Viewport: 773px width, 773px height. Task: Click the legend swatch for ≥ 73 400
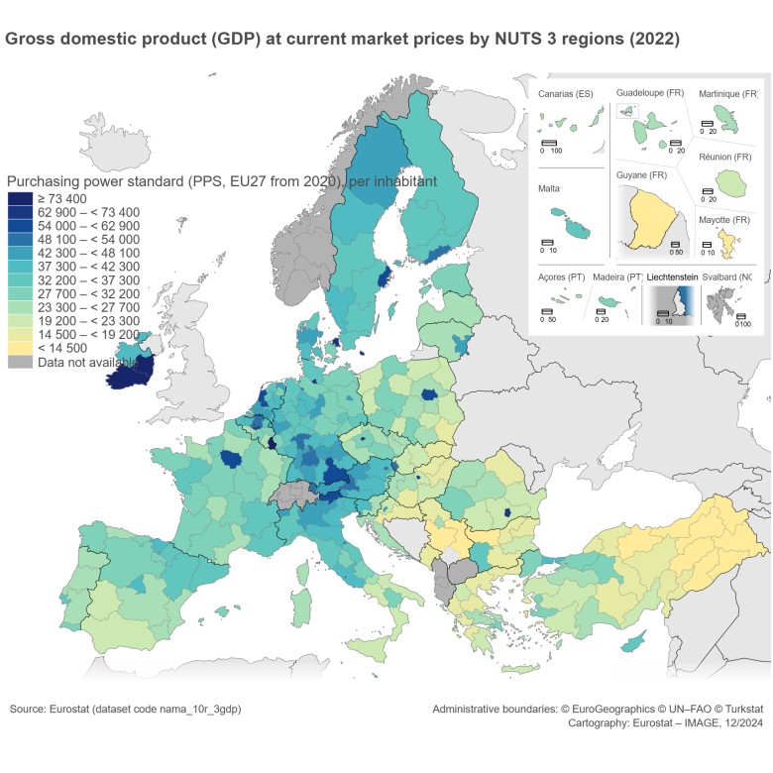pos(20,199)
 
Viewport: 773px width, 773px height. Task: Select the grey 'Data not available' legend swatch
pos(20,363)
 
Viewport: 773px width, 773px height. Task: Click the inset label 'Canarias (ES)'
pos(565,94)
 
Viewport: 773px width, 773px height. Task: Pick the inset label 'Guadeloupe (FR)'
pos(650,92)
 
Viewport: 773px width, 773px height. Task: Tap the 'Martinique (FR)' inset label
pos(730,94)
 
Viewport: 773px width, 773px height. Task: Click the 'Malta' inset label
pos(550,187)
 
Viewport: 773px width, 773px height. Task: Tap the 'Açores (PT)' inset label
pos(561,278)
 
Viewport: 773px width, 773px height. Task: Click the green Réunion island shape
pos(732,182)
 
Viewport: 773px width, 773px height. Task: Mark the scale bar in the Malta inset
pos(546,242)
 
